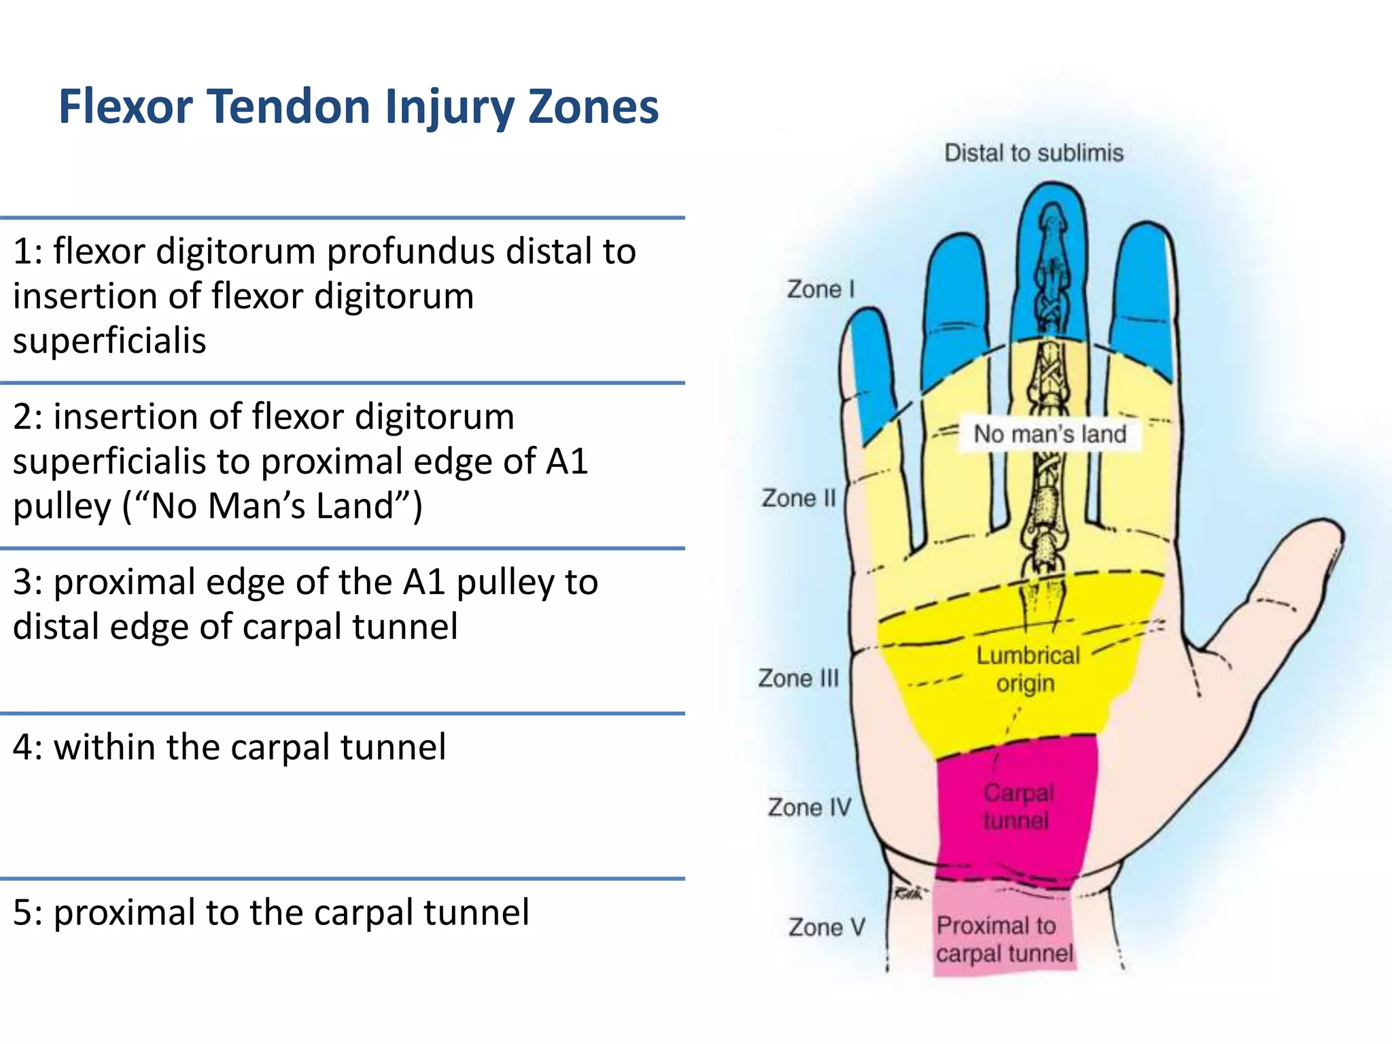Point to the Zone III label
799,678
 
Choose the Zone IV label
810,807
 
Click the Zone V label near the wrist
826,927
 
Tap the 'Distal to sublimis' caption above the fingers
1034,153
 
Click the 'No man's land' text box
1050,434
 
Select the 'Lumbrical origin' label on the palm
1028,669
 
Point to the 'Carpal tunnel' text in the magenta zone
1017,807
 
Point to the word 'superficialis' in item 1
109,341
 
